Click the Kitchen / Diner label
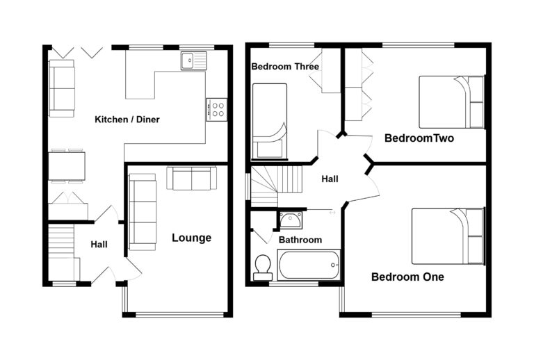coord(127,120)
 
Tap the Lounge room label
coord(191,238)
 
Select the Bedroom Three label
coord(285,67)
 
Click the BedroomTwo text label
coord(419,138)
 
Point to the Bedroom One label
coord(407,277)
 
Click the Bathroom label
coord(300,240)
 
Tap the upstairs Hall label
coord(330,179)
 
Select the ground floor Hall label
coord(99,245)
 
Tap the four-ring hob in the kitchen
coord(217,108)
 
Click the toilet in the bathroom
coord(263,267)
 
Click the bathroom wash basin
coord(290,220)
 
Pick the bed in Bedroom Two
coord(451,102)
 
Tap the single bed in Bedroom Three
coord(269,121)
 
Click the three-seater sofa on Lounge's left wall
coord(143,211)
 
